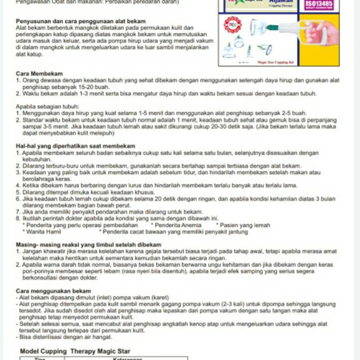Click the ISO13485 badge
click(319, 4)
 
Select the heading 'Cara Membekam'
click(39, 74)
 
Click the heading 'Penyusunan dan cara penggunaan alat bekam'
click(76, 21)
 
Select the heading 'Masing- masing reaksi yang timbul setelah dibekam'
click(88, 245)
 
